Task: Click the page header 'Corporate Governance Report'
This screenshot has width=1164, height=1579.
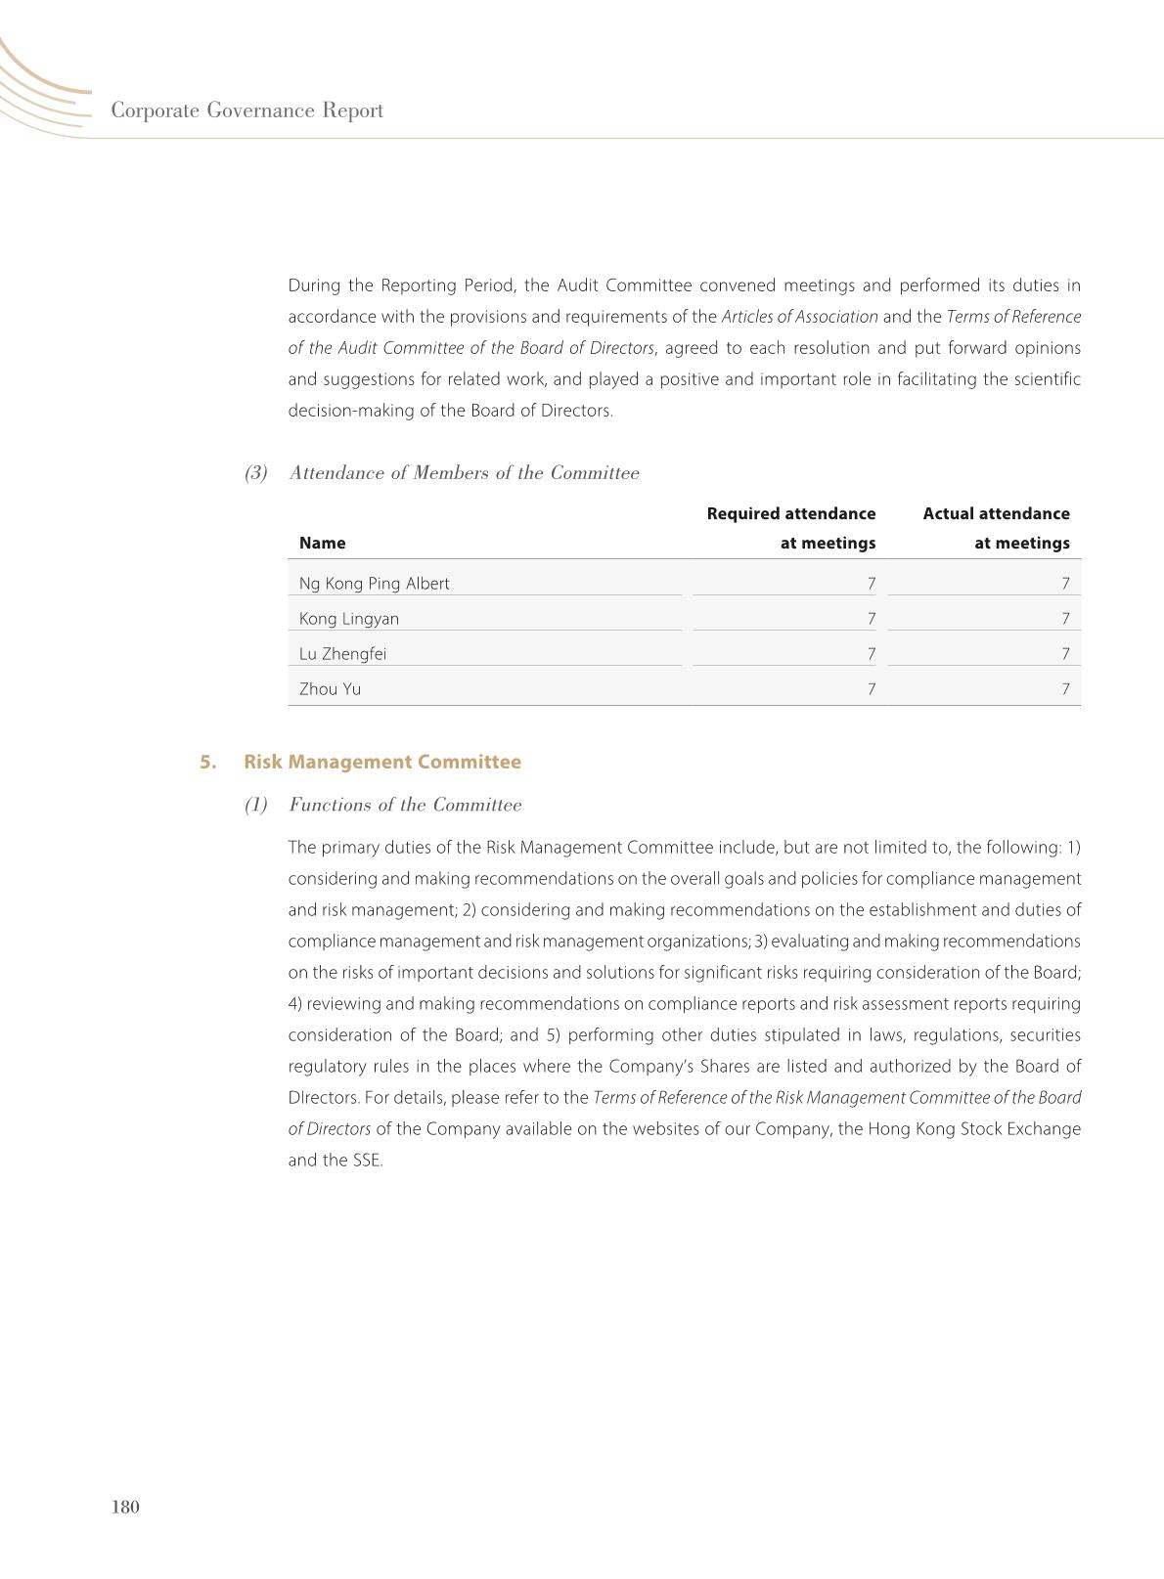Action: [246, 110]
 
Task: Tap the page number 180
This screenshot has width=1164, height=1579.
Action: [126, 1507]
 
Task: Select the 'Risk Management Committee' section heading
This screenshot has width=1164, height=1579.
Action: [382, 762]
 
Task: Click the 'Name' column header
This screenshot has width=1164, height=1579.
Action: [322, 543]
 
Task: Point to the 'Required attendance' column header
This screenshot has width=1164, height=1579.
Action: [790, 514]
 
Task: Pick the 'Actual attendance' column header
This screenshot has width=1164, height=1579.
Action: [996, 514]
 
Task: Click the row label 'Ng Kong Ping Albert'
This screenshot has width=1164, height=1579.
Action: [374, 584]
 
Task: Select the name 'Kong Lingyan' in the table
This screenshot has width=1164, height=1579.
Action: [349, 619]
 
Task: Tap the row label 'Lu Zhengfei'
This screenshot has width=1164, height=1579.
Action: [342, 654]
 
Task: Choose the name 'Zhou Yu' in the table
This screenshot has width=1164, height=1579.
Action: [330, 689]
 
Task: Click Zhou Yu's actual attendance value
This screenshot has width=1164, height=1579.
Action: [1065, 689]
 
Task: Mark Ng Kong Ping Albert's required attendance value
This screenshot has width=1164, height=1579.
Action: [871, 584]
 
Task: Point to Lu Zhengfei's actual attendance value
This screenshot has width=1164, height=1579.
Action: [1065, 654]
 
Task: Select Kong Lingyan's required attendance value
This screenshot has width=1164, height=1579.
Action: [871, 619]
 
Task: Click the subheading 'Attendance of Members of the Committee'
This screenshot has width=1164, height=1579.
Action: [464, 473]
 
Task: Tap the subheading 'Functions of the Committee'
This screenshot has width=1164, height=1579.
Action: [405, 805]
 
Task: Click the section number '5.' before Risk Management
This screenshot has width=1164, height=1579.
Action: [208, 762]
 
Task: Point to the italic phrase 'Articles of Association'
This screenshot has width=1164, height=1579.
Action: [799, 317]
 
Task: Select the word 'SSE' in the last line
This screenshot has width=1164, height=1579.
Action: [366, 1161]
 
